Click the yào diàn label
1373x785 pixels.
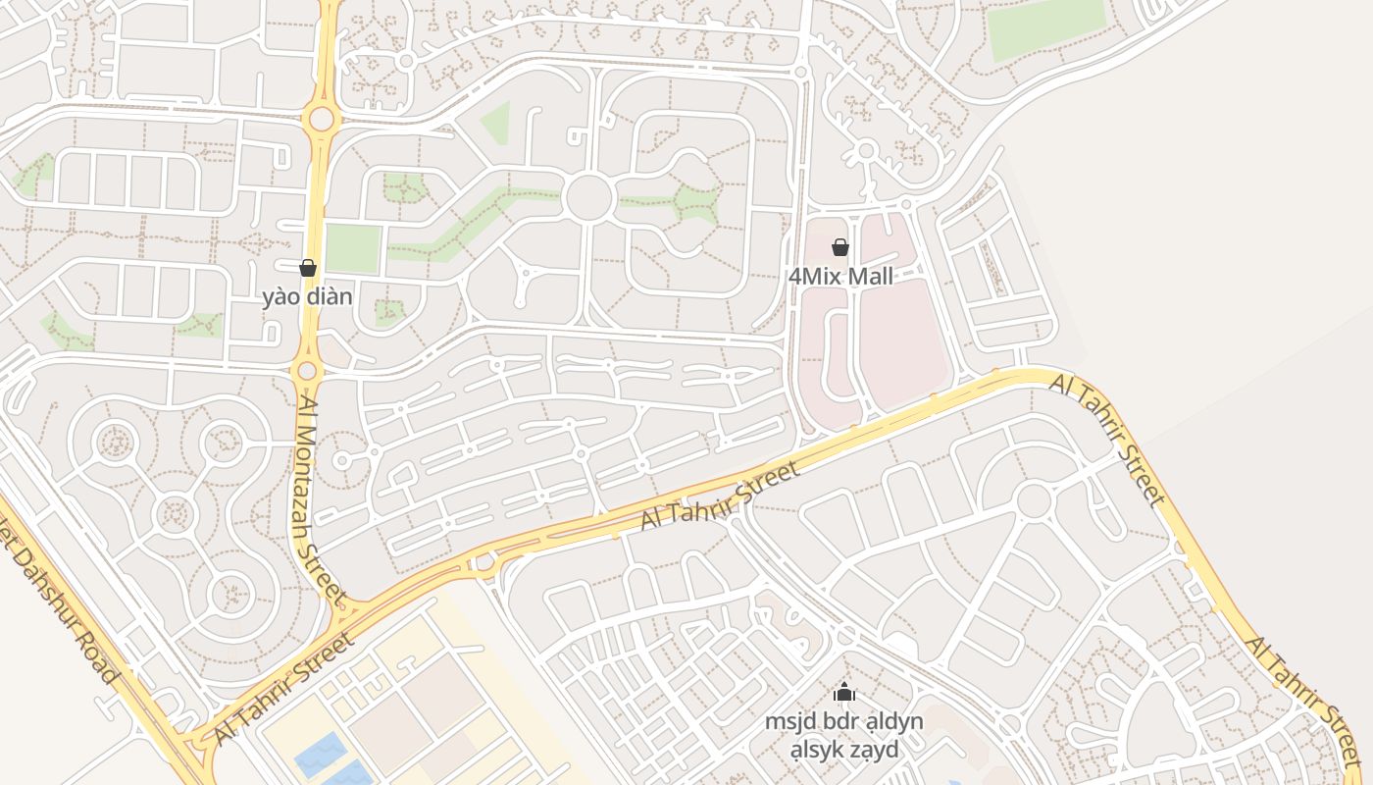click(307, 295)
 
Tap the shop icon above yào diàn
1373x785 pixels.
click(308, 268)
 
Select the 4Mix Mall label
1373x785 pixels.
click(840, 277)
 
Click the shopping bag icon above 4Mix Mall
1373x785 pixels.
click(840, 247)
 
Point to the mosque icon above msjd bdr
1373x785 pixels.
click(844, 693)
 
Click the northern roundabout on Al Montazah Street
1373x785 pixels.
click(321, 120)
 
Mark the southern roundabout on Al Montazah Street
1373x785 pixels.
click(307, 370)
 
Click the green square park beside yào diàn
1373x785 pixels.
click(352, 248)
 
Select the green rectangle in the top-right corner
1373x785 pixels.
click(1045, 27)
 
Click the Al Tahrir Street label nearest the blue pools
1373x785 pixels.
click(282, 689)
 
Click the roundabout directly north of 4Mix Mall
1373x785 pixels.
click(866, 151)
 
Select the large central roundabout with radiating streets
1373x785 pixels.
click(589, 198)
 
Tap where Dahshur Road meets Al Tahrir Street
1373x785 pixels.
click(191, 746)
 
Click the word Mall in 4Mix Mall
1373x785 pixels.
click(871, 277)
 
